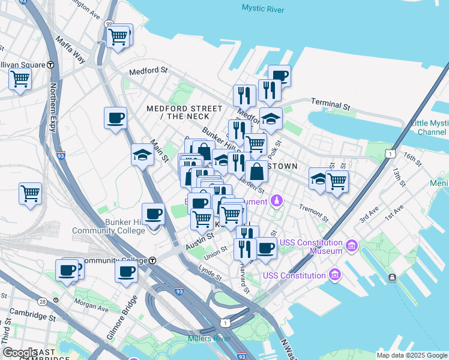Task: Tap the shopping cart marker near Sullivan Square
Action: click(x=20, y=79)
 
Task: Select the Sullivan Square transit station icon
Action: click(x=50, y=65)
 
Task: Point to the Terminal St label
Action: click(x=330, y=104)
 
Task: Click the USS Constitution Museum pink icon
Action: click(x=352, y=245)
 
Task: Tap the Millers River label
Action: click(x=209, y=339)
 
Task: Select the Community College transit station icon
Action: click(x=153, y=260)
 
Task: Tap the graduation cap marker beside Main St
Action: click(x=142, y=155)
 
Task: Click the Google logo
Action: click(x=20, y=353)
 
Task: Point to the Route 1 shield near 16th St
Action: click(x=391, y=154)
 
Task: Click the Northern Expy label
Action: click(x=53, y=100)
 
